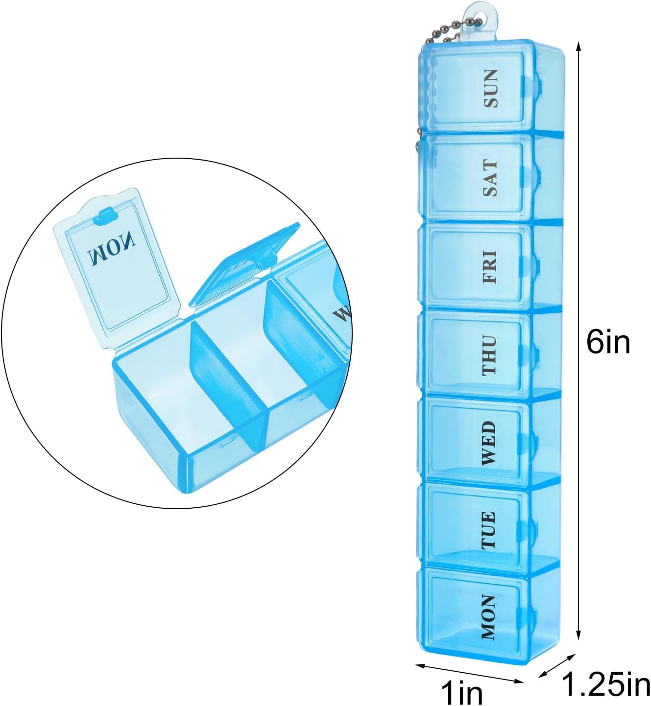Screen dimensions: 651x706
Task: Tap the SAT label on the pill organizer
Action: click(x=490, y=178)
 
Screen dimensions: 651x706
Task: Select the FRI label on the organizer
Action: click(x=490, y=267)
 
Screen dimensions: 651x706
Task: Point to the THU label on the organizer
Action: click(x=490, y=355)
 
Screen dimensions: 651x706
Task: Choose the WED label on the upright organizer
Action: click(x=490, y=443)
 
